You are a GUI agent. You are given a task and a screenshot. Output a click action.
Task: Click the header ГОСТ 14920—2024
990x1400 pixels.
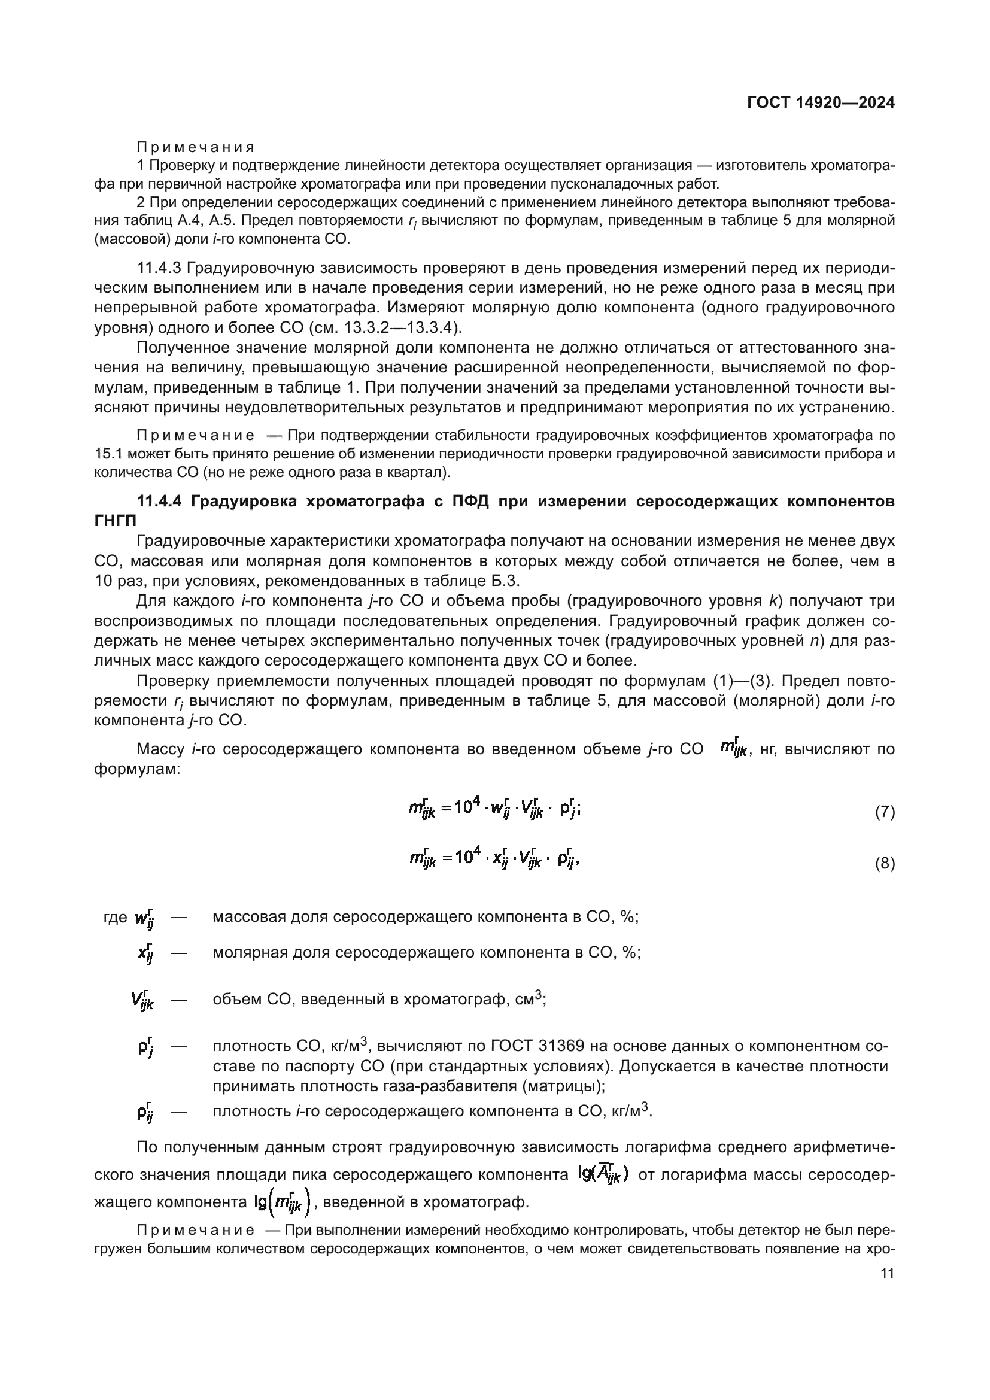coord(821,102)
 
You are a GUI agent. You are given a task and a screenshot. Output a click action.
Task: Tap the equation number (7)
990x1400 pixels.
coord(885,812)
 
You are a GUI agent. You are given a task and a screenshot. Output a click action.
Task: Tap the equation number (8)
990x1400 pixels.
coord(885,864)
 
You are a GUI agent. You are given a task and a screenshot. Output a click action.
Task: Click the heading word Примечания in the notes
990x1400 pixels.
coord(195,147)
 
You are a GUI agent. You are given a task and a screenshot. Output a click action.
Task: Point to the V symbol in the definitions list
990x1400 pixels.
coord(142,1000)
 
